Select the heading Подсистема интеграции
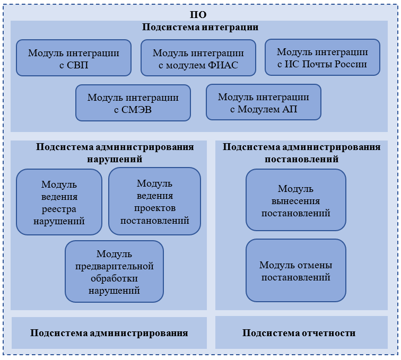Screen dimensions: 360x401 200,28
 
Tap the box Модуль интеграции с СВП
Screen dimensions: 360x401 74,58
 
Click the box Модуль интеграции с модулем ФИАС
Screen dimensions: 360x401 198,58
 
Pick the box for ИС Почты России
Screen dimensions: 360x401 322,57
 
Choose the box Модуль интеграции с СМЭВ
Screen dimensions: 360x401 133,103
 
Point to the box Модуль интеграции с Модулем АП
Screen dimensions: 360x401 264,102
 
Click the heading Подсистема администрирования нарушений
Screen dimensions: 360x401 115,153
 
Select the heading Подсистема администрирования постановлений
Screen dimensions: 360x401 301,153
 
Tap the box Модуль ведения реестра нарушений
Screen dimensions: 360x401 59,202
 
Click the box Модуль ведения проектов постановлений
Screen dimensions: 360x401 154,201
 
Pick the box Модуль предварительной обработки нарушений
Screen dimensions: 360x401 114,271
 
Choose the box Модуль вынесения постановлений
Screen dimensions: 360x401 296,200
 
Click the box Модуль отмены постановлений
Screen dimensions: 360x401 296,270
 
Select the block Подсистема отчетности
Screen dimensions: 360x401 299,333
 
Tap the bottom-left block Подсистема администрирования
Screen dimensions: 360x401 109,333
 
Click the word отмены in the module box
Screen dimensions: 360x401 315,265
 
